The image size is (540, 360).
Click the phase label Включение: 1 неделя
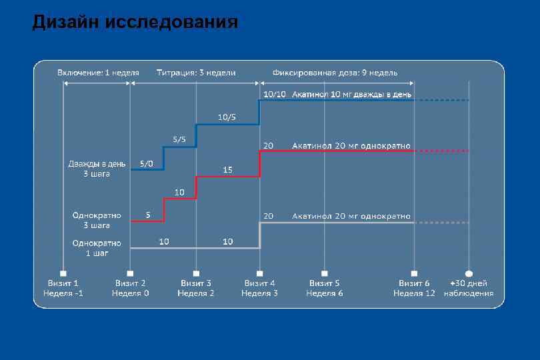98,72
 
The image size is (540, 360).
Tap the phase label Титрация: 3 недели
196,72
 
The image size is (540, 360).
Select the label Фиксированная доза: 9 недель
335,72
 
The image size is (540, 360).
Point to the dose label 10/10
275,94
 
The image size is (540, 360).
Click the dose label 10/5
227,117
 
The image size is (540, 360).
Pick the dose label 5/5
180,140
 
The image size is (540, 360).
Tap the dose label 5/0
146,163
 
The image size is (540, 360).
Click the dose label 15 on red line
228,170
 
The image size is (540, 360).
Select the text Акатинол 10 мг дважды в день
352,94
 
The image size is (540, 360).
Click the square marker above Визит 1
63,273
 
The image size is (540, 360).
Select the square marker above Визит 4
260,273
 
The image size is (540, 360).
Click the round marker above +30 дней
469,273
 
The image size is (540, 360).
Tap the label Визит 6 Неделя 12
413,288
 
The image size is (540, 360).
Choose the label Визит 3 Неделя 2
196,288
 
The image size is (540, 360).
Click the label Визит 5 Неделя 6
325,288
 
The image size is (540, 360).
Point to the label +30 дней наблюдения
469,288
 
